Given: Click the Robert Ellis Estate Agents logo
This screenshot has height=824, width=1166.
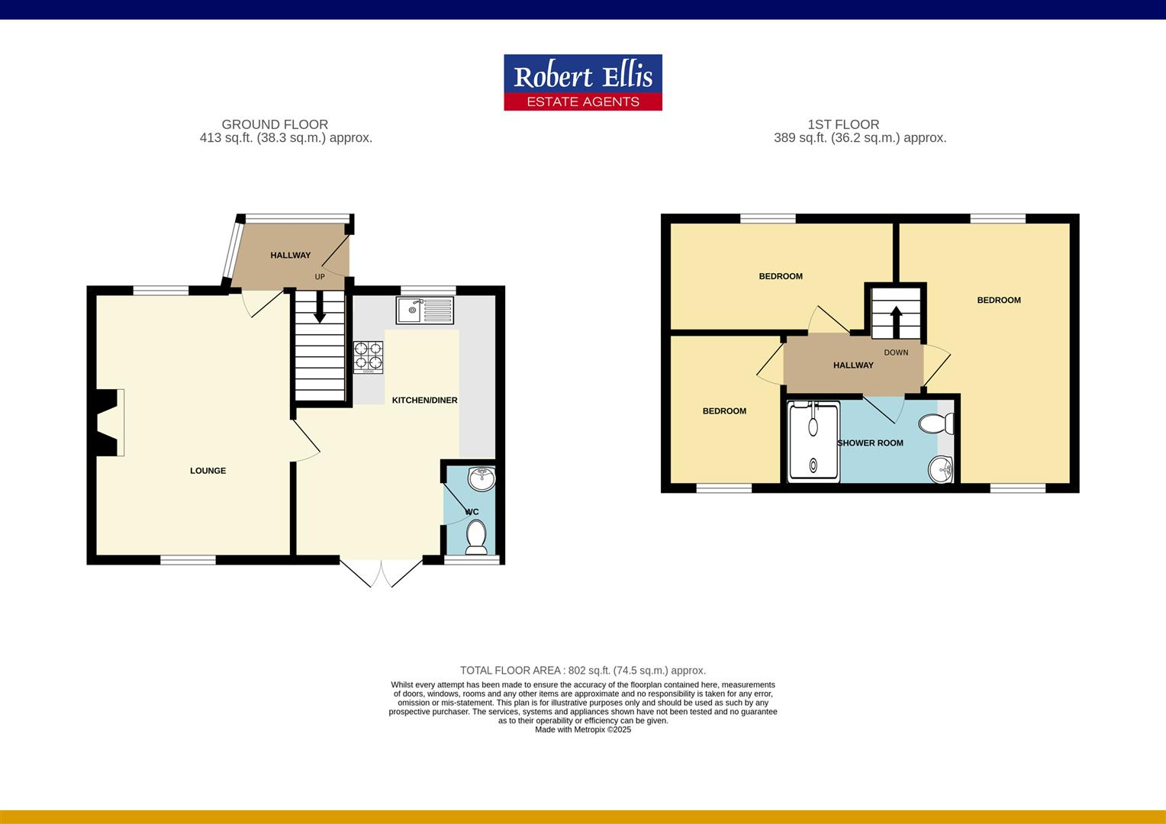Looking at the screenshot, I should point(583,82).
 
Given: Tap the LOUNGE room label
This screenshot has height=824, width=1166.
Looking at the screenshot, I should point(208,471).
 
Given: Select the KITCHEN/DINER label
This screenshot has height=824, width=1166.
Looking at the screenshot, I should point(424,400).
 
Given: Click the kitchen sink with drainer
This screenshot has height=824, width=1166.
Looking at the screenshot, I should point(424,310).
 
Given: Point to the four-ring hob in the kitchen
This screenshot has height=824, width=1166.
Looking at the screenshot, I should point(368,356).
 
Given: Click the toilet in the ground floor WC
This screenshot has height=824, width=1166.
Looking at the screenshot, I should point(477,536).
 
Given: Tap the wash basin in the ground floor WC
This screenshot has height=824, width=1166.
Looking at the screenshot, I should point(482,478).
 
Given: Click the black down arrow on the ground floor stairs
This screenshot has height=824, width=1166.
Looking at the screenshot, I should point(320,307).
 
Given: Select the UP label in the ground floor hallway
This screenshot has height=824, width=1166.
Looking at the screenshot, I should point(320,277).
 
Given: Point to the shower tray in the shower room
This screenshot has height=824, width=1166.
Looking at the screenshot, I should point(813,442).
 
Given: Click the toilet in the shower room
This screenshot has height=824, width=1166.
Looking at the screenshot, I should point(937,423).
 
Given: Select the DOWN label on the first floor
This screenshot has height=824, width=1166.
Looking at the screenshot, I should point(896,352).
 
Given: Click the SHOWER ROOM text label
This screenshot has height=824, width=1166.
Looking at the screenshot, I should point(870,443).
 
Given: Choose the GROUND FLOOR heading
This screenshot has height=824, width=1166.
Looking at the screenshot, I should point(275,124).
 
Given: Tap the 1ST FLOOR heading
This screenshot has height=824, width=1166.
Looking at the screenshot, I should point(843,124).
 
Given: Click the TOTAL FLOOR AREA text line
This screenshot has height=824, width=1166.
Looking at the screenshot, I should point(583,671).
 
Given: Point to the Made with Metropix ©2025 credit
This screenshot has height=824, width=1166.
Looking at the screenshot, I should point(583,729).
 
